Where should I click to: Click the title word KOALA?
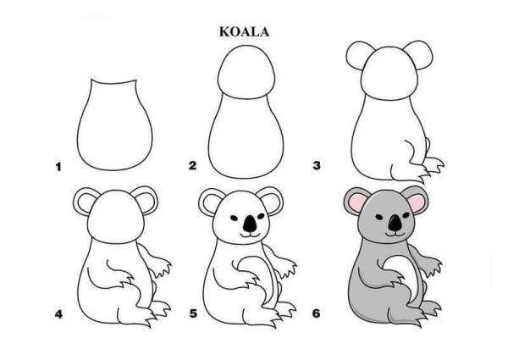pos(244,32)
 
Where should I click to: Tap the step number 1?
pos(58,168)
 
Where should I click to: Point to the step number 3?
pos(317,166)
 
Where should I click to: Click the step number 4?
pos(58,314)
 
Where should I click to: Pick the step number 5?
pos(193,314)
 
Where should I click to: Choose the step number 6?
pos(317,314)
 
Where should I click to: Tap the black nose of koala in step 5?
pos(249,224)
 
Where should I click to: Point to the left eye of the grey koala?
pos(382,213)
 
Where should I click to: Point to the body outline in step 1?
pos(113,127)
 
